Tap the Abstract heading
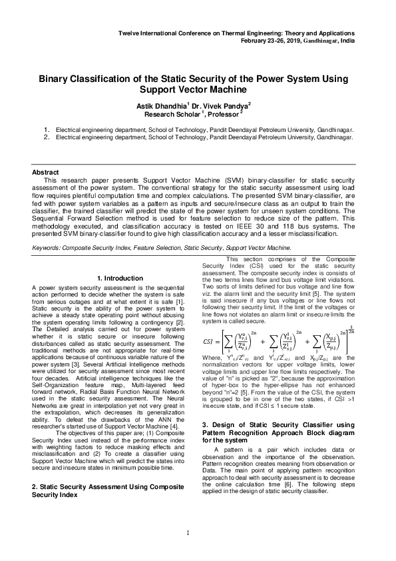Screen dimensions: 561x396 point(46,172)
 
